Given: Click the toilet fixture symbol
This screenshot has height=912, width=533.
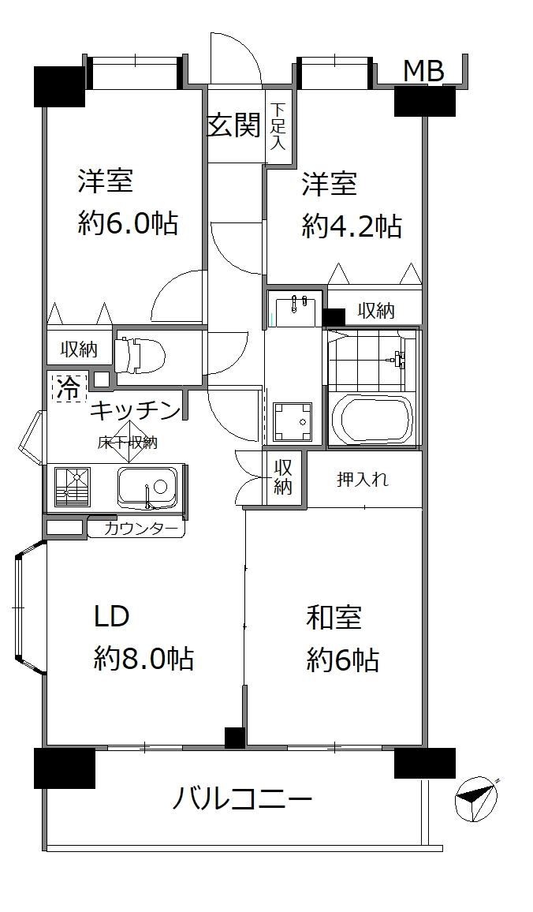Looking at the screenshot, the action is click(x=140, y=356).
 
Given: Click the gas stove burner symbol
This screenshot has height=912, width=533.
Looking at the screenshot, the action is click(x=73, y=486).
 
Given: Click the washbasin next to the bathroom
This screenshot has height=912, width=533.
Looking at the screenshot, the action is click(x=295, y=308).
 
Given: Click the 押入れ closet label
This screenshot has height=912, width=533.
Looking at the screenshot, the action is click(x=363, y=480).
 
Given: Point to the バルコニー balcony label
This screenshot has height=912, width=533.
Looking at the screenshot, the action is click(x=242, y=798).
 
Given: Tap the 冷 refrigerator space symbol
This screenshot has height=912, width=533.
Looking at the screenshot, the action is click(x=69, y=387).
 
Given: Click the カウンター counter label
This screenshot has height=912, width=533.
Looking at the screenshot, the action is click(x=141, y=528).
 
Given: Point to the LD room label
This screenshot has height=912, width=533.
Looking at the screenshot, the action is click(x=112, y=616).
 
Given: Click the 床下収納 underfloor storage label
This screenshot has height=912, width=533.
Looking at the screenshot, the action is click(x=128, y=443).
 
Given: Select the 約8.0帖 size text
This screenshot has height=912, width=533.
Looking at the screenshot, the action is click(x=143, y=659).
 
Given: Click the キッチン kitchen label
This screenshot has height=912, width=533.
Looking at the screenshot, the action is click(x=135, y=410).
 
